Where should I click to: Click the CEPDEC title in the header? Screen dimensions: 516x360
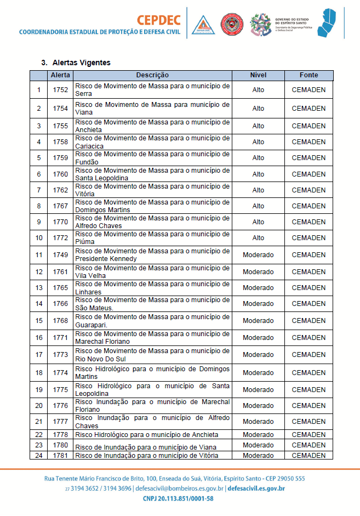click(159, 20)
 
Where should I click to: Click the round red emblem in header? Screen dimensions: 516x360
click(232, 25)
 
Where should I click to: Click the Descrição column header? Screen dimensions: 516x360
click(152, 75)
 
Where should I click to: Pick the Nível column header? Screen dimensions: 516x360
click(258, 75)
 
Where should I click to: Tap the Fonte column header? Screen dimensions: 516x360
click(308, 75)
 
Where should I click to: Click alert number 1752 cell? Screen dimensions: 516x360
click(60, 90)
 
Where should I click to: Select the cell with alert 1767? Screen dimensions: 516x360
click(60, 206)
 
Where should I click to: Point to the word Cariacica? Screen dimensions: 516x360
click(88, 146)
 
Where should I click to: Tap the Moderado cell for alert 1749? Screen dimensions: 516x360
click(258, 255)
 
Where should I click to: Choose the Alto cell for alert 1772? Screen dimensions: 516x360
click(258, 238)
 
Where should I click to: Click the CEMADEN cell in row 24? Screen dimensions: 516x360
click(308, 456)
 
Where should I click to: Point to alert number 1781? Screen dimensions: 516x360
click(60, 456)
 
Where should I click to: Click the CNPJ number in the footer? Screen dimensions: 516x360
click(178, 498)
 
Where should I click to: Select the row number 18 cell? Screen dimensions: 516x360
click(39, 373)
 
